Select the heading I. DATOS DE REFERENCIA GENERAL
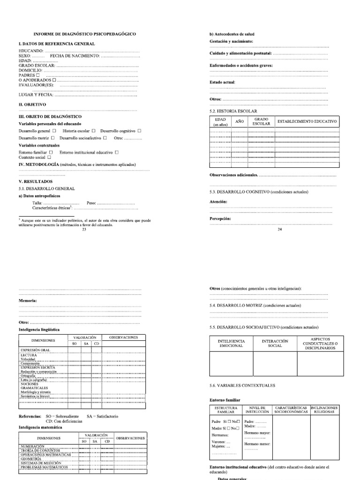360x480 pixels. click(57, 44)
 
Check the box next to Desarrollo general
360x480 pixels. click(54, 131)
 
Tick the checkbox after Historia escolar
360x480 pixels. click(94, 131)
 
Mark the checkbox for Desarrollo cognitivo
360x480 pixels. click(139, 131)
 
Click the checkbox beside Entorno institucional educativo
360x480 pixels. click(117, 152)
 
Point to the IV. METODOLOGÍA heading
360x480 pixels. click(38, 165)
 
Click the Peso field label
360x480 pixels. click(91, 203)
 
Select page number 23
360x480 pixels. click(84, 230)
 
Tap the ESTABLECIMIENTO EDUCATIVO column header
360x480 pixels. click(307, 121)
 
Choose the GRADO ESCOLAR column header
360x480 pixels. click(261, 122)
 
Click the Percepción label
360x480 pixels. click(220, 218)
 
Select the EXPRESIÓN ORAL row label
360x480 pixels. click(35, 350)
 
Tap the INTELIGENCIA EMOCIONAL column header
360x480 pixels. click(231, 343)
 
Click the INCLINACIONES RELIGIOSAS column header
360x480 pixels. click(324, 410)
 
